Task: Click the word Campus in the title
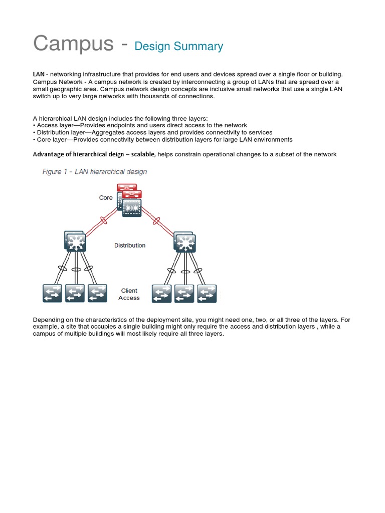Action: click(73, 44)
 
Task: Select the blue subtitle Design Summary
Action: click(178, 47)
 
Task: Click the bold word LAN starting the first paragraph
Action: click(39, 74)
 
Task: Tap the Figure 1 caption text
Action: click(95, 171)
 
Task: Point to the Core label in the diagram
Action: click(106, 198)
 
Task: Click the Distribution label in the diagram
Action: click(130, 245)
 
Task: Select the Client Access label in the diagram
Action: click(129, 294)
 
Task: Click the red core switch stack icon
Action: click(129, 200)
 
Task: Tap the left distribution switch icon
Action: click(75, 241)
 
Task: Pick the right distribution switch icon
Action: click(184, 241)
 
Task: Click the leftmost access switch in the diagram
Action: click(52, 294)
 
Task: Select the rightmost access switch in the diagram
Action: click(207, 294)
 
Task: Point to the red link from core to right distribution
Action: click(157, 221)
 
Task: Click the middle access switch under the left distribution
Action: click(75, 294)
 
